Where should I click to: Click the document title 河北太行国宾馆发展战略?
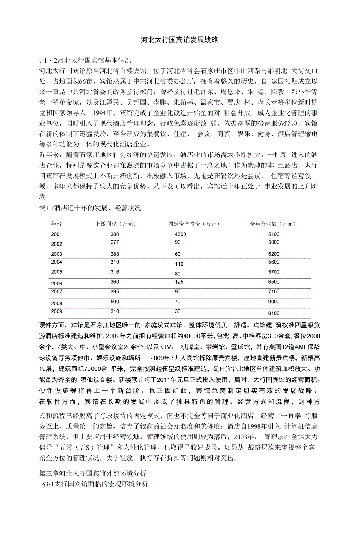click(180, 40)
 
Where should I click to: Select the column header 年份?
click(56, 224)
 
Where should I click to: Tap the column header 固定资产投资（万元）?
click(194, 224)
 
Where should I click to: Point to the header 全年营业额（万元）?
click(273, 224)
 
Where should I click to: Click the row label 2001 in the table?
click(56, 234)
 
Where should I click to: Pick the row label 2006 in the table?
click(56, 284)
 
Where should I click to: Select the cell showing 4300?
click(180, 234)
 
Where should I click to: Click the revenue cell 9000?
click(274, 302)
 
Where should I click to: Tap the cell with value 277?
click(114, 242)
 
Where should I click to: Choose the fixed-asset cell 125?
click(179, 282)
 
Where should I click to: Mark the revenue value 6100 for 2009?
click(274, 313)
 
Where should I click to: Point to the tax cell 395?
click(114, 292)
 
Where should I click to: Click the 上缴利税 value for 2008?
click(114, 302)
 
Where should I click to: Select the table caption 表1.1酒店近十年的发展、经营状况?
click(90, 208)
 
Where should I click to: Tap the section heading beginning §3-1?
click(95, 484)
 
